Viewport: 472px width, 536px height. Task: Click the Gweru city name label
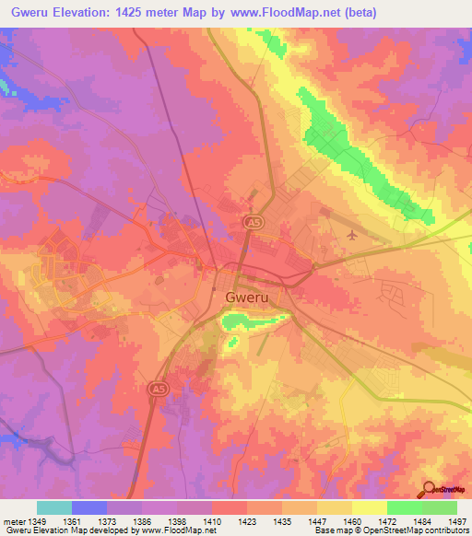247,297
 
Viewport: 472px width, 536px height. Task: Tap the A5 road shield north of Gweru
251,222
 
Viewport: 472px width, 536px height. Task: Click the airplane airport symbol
351,236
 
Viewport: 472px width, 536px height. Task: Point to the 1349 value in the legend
37,521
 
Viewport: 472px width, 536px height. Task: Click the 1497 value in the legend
456,521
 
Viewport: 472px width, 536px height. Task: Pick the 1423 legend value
247,521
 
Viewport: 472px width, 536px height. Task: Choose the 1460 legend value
351,521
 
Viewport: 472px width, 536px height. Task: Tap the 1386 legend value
142,521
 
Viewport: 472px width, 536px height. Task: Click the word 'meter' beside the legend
14,521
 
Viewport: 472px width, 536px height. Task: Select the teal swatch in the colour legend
54,507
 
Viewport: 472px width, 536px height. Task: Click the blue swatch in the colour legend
89,507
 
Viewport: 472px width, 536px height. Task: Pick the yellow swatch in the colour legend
369,507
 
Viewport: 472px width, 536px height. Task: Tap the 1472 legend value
387,521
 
